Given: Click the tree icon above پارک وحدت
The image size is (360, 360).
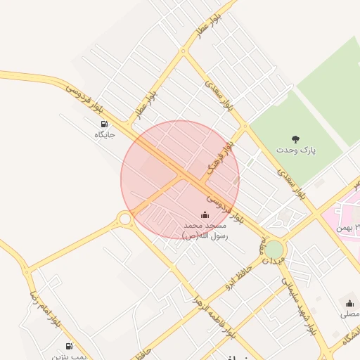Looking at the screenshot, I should [x=295, y=139].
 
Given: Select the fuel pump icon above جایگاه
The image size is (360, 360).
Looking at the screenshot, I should [x=105, y=124].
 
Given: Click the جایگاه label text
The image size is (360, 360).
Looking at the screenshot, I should [x=104, y=134].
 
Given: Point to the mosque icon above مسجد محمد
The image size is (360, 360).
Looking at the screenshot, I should [x=205, y=214].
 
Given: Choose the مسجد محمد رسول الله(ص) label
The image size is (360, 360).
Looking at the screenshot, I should [x=205, y=231].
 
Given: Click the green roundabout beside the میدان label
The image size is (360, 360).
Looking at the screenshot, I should [x=274, y=250].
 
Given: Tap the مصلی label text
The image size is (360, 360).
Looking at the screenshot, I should [x=350, y=314].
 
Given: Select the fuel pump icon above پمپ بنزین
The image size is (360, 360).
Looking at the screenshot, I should [x=69, y=346].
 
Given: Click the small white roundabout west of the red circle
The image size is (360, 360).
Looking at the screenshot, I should [x=125, y=219].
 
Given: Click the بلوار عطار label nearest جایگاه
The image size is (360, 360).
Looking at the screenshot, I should [x=146, y=102].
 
